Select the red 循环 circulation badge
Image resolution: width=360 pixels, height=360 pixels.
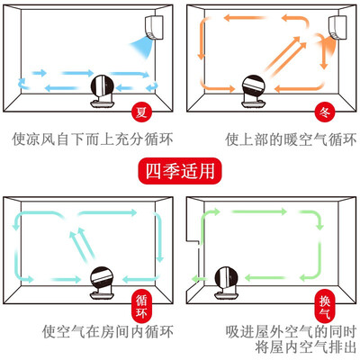141,307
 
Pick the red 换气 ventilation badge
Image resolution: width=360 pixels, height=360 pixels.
324,307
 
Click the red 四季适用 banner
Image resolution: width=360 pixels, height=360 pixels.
180,171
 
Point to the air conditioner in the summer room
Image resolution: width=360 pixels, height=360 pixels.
154,27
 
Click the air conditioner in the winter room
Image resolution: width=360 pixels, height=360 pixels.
337,27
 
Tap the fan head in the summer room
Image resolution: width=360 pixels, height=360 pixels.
103,85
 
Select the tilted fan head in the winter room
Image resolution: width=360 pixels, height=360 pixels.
254,86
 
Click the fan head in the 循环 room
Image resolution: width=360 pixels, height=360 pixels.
102,278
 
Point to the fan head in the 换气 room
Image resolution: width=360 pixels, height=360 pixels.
227,278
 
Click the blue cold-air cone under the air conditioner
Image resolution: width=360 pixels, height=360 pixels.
142,47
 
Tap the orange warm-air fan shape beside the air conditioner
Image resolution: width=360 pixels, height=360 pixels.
328,45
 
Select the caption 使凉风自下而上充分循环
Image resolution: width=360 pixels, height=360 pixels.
93,139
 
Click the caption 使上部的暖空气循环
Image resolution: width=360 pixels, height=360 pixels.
291,139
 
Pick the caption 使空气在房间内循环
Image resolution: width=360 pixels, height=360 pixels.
108,332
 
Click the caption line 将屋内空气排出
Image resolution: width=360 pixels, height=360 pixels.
306,347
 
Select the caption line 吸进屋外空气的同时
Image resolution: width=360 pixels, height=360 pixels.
291,332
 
